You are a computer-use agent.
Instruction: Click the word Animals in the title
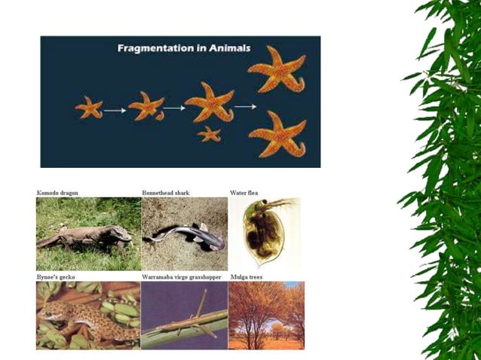[x=228, y=48]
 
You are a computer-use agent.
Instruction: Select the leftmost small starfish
[x=89, y=108]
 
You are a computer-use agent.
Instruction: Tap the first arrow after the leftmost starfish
[x=115, y=111]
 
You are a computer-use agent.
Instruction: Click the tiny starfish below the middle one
[x=209, y=134]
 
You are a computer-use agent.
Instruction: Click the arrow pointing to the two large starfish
[x=245, y=107]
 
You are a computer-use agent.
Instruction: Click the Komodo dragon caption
[x=57, y=194]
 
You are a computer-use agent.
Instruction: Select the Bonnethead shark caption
[x=166, y=194]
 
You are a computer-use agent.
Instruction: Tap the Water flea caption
[x=244, y=194]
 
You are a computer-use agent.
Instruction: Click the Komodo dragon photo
[x=87, y=234]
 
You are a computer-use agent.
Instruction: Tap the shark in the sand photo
[x=185, y=236]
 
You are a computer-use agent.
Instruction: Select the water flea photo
[x=264, y=234]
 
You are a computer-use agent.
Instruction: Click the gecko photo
[x=87, y=316]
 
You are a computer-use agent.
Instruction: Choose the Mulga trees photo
[x=266, y=316]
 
